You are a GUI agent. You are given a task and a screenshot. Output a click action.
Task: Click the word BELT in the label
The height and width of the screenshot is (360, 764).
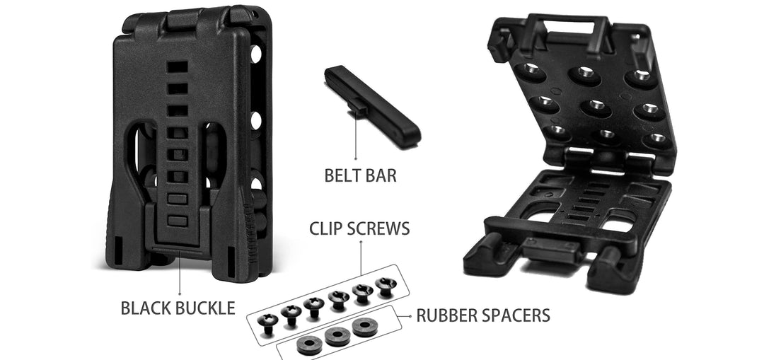342,175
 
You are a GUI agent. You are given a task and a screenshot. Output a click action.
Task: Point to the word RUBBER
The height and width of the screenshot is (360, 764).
445,315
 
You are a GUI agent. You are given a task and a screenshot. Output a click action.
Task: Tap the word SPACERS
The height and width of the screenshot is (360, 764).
514,315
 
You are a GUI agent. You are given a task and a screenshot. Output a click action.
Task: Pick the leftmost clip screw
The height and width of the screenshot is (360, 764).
267,323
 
